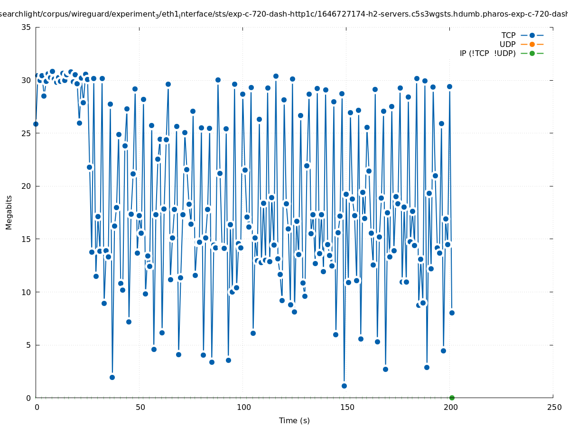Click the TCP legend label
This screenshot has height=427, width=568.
tap(508, 35)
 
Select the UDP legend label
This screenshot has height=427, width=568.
tap(507, 44)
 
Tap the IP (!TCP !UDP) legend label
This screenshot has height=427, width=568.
tap(487, 53)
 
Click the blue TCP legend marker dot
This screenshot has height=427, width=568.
tap(532, 35)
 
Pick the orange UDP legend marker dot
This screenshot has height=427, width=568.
tap(532, 44)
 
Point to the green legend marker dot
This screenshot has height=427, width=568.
tap(532, 53)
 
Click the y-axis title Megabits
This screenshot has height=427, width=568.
tap(9, 212)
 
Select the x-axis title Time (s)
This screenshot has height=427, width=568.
tap(294, 420)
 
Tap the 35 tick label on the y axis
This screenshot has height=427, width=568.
tap(27, 27)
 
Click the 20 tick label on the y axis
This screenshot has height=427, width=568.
tap(27, 186)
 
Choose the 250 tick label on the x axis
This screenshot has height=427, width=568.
tap(553, 408)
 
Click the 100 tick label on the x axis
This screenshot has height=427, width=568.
tap(243, 408)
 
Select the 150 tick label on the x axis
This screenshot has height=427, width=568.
tap(346, 408)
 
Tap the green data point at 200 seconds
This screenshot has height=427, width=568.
tap(452, 398)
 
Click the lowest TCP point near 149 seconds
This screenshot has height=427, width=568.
tap(344, 386)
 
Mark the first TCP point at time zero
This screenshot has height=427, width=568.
tap(36, 124)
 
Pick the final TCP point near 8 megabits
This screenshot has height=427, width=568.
tap(452, 313)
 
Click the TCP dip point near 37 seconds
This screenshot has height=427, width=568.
tap(112, 377)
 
